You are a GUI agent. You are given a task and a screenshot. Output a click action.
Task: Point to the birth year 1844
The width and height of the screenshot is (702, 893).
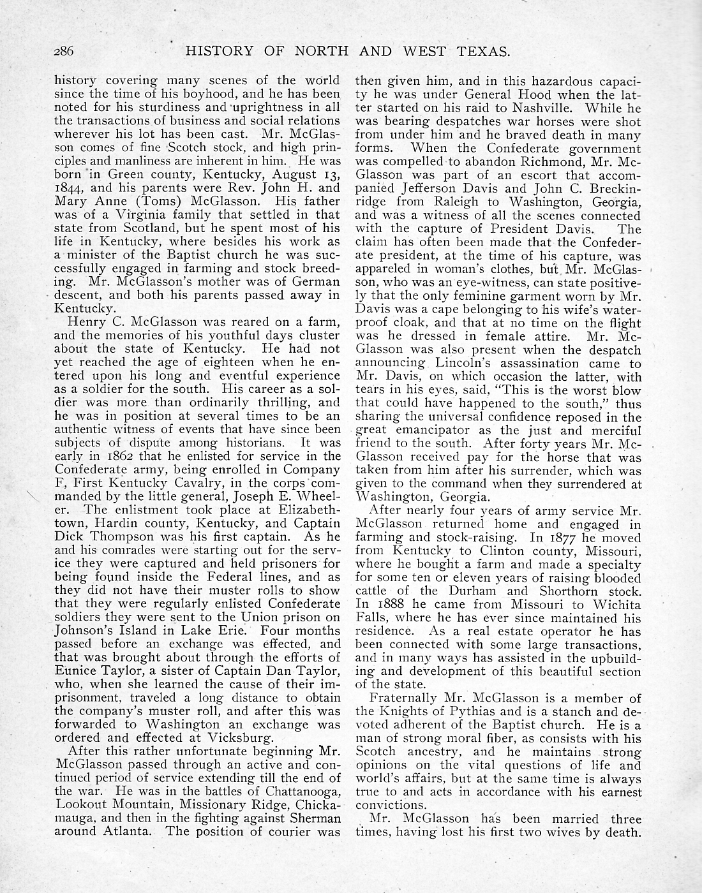point(70,188)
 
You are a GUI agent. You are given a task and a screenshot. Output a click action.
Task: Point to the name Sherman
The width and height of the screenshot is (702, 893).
point(313,818)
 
